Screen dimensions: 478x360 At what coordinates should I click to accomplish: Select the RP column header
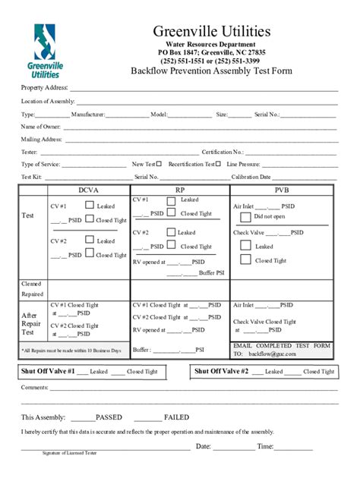[x=180, y=190]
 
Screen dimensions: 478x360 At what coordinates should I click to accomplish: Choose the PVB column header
[x=282, y=190]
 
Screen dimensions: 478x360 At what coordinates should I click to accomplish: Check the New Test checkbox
[x=159, y=163]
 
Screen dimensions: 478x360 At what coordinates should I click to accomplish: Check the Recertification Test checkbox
[x=218, y=163]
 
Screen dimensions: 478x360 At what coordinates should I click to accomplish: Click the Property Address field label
[x=44, y=89]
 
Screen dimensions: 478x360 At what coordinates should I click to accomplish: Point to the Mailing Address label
[x=42, y=139]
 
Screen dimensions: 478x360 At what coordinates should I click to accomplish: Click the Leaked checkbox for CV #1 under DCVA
[x=90, y=205]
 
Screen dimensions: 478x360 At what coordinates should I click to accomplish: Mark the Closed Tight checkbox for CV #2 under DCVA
[x=90, y=254]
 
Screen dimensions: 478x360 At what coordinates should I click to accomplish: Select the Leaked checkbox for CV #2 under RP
[x=170, y=232]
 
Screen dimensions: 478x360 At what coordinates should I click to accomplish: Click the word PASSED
[x=109, y=417]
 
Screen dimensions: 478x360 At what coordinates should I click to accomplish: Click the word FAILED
[x=176, y=417]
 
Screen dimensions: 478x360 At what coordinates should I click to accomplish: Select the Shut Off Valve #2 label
[x=221, y=371]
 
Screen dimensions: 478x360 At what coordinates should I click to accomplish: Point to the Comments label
[x=34, y=387]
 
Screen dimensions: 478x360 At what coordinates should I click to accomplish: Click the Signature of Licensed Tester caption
[x=69, y=452]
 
